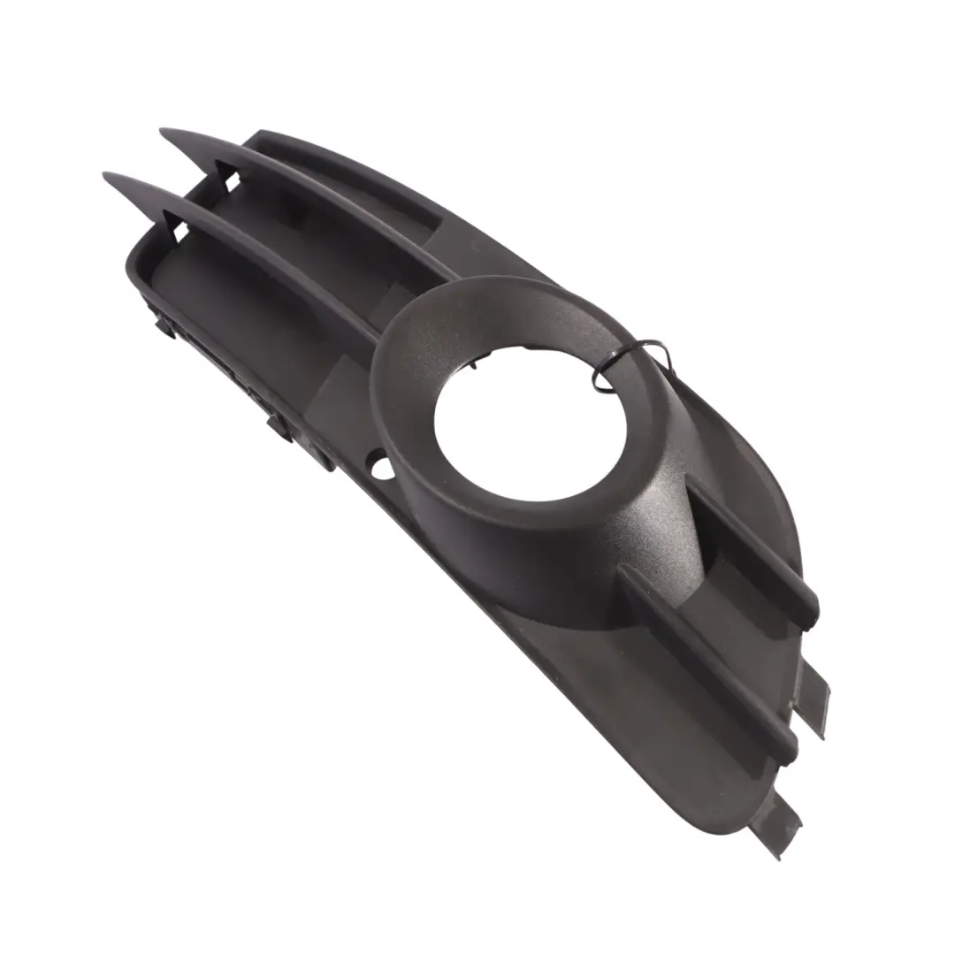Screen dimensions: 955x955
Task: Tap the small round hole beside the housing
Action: [x=382, y=466]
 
